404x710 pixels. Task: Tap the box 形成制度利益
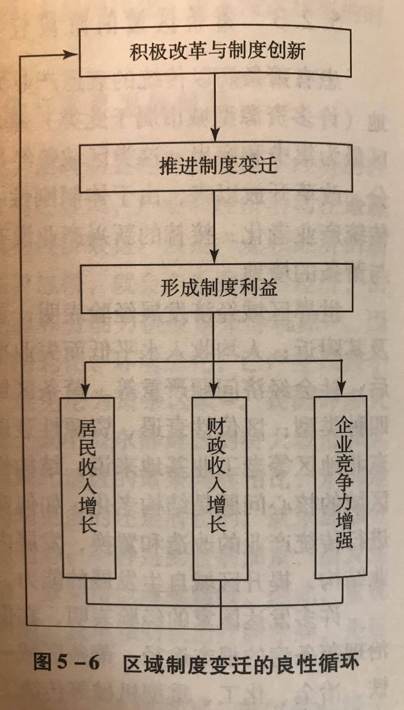(x=217, y=288)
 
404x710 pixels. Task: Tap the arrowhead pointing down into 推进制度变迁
(x=215, y=135)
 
